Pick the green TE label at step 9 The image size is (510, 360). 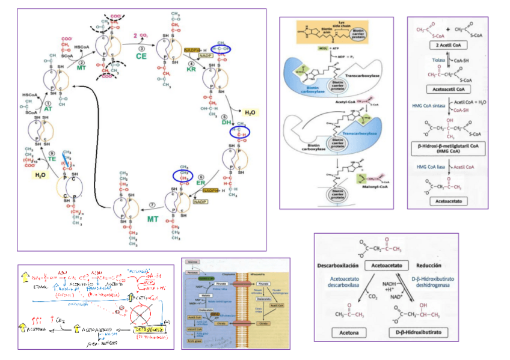(x=52, y=158)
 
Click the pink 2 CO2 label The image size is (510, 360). (x=141, y=36)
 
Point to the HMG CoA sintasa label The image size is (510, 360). (x=427, y=106)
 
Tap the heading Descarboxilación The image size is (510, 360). (x=338, y=265)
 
